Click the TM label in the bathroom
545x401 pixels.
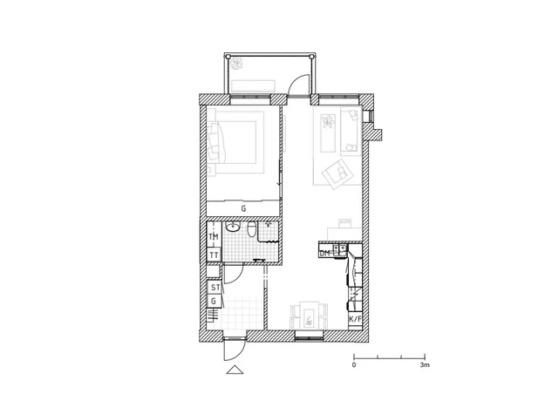[x=214, y=237]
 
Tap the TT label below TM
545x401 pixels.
[x=215, y=255]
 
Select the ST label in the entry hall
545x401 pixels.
[x=215, y=288]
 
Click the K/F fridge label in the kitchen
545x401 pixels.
[x=355, y=319]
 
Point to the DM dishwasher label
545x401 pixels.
[x=324, y=254]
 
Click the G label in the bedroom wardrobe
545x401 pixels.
[x=243, y=209]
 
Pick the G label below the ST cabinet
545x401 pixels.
[x=214, y=302]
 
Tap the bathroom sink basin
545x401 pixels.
[x=232, y=228]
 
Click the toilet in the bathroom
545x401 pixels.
[x=252, y=229]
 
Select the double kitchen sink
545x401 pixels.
[x=339, y=248]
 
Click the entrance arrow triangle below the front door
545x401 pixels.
[x=235, y=370]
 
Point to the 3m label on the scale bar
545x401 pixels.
[x=425, y=365]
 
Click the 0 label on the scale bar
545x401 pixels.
[x=354, y=365]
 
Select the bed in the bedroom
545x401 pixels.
[x=235, y=142]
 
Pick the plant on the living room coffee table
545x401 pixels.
[x=327, y=122]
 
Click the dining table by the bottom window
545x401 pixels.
[x=309, y=316]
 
